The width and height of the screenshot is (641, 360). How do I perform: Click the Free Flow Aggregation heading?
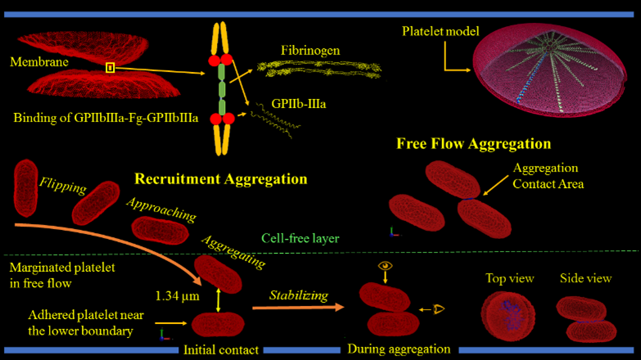(x=473, y=144)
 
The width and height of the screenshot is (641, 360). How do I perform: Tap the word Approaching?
(x=161, y=209)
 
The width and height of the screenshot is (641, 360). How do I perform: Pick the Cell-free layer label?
(x=300, y=240)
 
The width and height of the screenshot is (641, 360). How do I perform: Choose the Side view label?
(x=585, y=278)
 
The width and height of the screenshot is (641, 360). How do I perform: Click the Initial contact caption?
(x=219, y=350)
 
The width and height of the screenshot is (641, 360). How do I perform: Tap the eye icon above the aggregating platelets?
(x=384, y=266)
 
